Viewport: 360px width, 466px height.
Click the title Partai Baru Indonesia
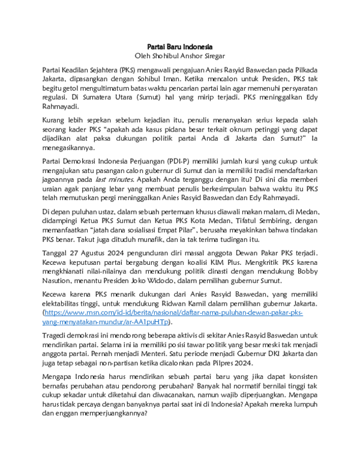(x=180, y=46)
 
